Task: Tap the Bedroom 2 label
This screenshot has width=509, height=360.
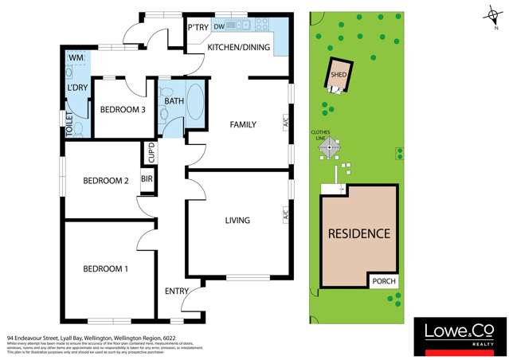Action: [105, 181]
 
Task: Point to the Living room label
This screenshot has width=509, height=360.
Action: [237, 221]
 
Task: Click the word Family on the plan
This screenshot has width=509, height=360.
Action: [242, 125]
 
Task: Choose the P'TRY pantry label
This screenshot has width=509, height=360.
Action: [198, 28]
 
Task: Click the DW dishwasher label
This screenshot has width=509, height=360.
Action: [218, 27]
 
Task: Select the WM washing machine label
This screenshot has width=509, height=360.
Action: [76, 58]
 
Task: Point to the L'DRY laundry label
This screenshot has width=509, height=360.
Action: [77, 88]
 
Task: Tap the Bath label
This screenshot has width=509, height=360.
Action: [174, 102]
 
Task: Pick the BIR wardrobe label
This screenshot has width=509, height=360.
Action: [147, 180]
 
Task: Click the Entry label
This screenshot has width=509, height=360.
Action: [177, 291]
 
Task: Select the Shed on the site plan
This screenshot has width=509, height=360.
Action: [339, 77]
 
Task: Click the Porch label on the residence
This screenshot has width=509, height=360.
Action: [383, 281]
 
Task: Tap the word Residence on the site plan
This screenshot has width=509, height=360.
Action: [359, 234]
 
